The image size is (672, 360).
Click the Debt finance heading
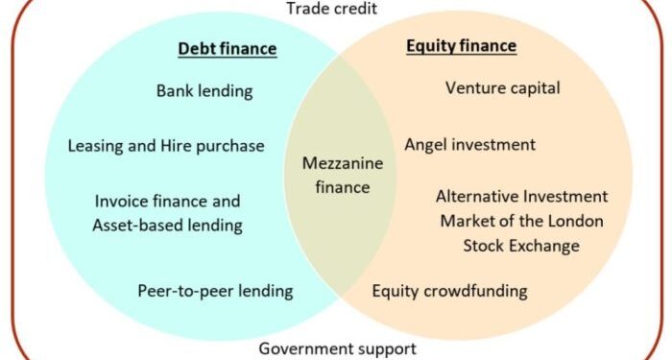[228, 49]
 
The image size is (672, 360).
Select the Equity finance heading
[462, 45]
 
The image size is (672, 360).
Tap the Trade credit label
[332, 9]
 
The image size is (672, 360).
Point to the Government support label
[338, 348]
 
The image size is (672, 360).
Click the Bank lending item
[204, 91]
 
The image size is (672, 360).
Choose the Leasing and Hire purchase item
[166, 146]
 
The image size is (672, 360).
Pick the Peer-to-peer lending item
[215, 290]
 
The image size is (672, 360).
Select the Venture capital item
[503, 88]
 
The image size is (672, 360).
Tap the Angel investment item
[469, 145]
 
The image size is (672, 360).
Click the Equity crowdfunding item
[449, 290]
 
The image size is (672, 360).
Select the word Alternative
[479, 196]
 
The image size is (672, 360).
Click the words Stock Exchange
[521, 246]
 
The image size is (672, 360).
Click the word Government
[305, 348]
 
